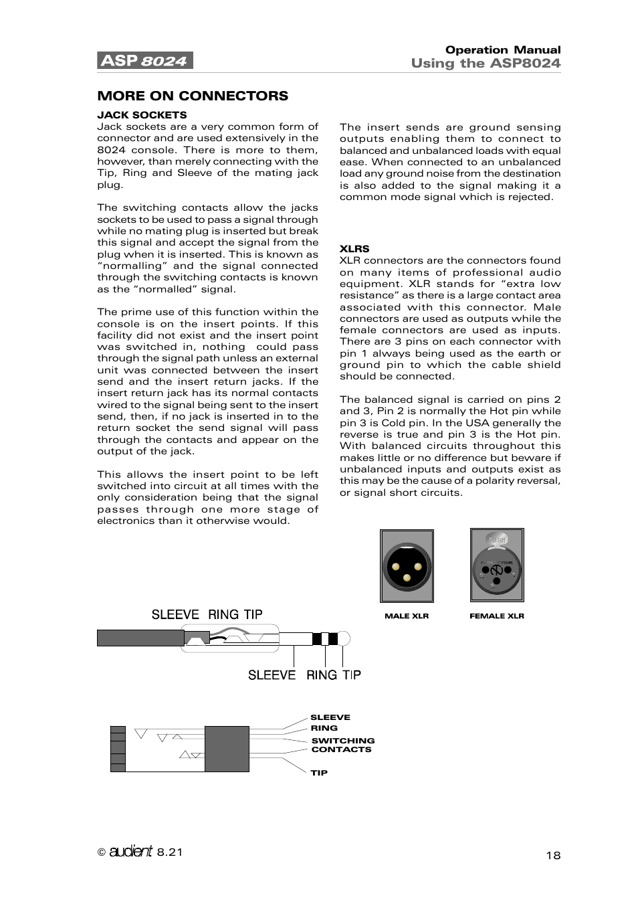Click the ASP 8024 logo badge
pyautogui.click(x=144, y=61)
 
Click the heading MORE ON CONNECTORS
pyautogui.click(x=193, y=96)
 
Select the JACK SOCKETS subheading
pyautogui.click(x=142, y=115)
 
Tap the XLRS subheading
pyautogui.click(x=354, y=249)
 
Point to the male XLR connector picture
pyautogui.click(x=407, y=566)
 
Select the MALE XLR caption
pyautogui.click(x=407, y=616)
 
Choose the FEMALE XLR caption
pyautogui.click(x=497, y=616)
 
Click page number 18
pyautogui.click(x=553, y=855)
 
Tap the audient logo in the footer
pyautogui.click(x=130, y=851)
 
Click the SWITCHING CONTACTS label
pyautogui.click(x=342, y=745)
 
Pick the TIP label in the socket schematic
pyautogui.click(x=319, y=773)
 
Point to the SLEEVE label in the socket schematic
pyautogui.click(x=330, y=717)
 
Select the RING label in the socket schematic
pyautogui.click(x=324, y=728)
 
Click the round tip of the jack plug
pyautogui.click(x=344, y=638)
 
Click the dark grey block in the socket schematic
pyautogui.click(x=227, y=749)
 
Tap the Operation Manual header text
pyautogui.click(x=503, y=50)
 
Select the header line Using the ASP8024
pyautogui.click(x=486, y=64)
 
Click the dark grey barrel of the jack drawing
pyautogui.click(x=140, y=638)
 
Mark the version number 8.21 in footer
pyautogui.click(x=170, y=852)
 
